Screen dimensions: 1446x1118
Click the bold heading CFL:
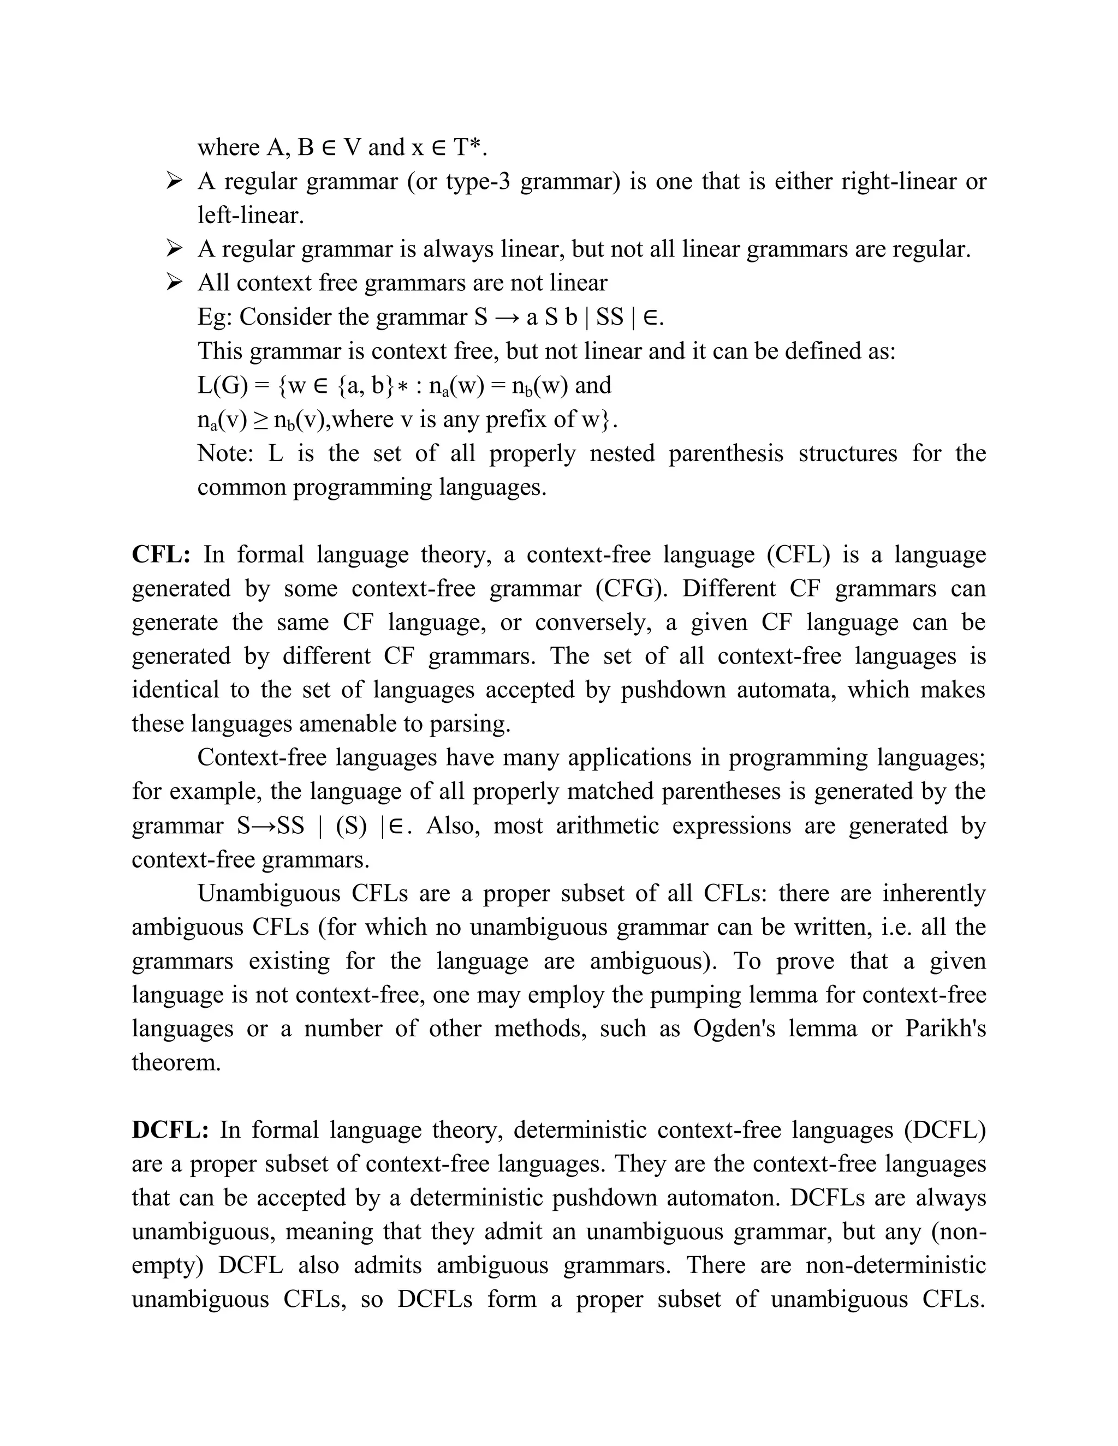click(x=161, y=554)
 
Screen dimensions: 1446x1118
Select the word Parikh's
click(x=945, y=1028)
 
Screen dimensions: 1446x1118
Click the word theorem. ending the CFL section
click(x=176, y=1062)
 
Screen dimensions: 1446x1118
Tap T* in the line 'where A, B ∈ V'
click(x=469, y=147)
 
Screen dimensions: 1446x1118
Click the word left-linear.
click(x=251, y=215)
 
